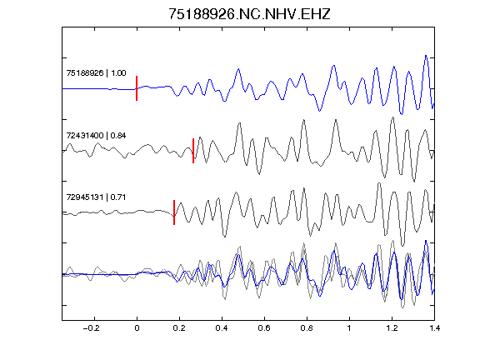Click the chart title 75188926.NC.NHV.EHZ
249,14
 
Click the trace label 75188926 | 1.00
96,72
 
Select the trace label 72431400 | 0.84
96,135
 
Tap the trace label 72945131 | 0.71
96,197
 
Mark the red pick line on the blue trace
137,88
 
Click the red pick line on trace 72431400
193,151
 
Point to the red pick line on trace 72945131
174,212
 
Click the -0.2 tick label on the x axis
91,328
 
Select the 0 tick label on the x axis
137,328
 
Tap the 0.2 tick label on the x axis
179,328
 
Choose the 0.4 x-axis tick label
222,328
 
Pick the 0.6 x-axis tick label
264,328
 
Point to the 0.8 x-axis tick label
307,328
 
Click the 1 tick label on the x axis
349,328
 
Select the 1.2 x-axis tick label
392,328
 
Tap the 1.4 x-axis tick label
434,328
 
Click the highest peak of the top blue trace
426,55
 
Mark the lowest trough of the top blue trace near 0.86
320,111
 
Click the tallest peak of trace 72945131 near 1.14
379,183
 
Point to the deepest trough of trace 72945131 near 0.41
225,237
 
